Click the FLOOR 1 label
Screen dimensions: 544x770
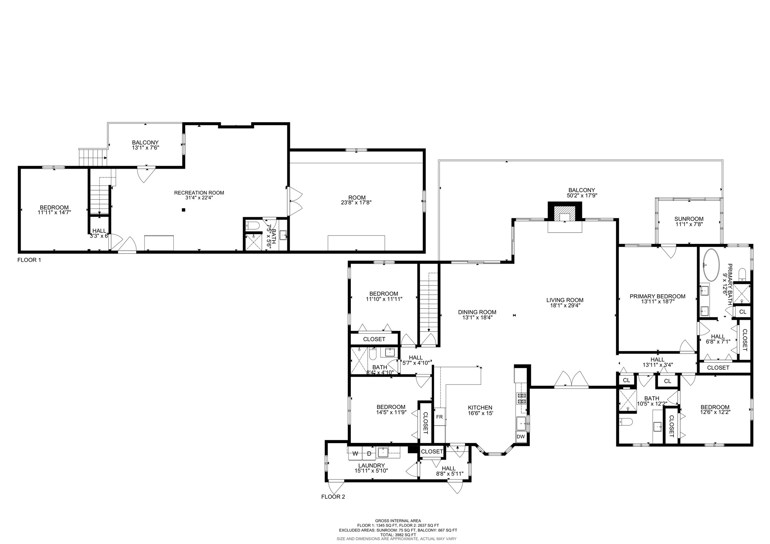click(x=29, y=260)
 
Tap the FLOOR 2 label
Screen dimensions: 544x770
click(x=333, y=497)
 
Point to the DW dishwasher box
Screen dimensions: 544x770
click(x=521, y=437)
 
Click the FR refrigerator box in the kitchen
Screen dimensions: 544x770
click(x=439, y=417)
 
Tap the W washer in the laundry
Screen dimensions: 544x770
click(x=355, y=454)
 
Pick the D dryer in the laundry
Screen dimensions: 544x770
click(x=369, y=454)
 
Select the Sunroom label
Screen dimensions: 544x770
click(x=689, y=219)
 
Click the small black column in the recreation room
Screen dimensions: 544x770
click(x=184, y=210)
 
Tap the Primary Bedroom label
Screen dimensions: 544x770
click(x=657, y=296)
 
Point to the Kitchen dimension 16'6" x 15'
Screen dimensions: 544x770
click(x=480, y=413)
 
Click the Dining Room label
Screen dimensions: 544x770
click(x=477, y=312)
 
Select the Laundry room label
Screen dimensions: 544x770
click(x=371, y=466)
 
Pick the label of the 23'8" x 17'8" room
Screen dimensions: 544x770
click(x=357, y=198)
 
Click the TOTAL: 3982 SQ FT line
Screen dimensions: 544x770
click(x=398, y=535)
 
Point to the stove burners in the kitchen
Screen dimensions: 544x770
click(x=521, y=398)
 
